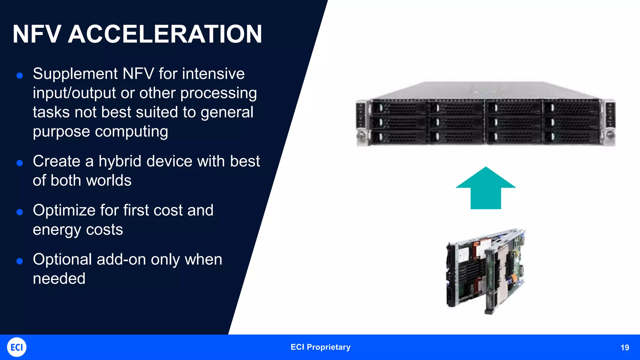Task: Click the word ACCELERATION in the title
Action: tap(165, 34)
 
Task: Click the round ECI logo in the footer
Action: tap(17, 347)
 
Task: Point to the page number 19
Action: tap(625, 347)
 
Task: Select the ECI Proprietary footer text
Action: tap(320, 347)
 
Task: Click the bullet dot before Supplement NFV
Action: tap(20, 75)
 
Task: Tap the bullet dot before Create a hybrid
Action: tap(20, 163)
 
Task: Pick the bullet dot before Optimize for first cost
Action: tap(20, 212)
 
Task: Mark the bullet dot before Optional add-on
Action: tap(20, 261)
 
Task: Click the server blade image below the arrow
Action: tap(486, 271)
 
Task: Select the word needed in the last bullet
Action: tap(59, 279)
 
